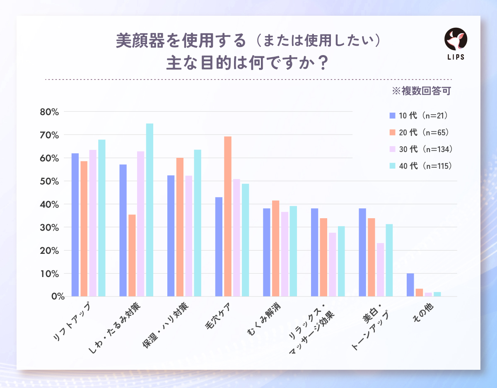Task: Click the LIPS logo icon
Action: (x=456, y=40)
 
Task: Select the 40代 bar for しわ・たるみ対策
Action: (x=150, y=210)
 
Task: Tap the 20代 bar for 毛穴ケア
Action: (x=228, y=216)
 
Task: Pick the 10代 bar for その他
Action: (x=410, y=285)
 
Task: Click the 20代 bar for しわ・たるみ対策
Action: (x=132, y=255)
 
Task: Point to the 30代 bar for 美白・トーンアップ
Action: (x=380, y=270)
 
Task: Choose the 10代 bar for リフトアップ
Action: (x=75, y=225)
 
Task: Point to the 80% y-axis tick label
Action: (x=50, y=112)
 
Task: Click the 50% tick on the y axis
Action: (x=50, y=181)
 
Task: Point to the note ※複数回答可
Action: (x=421, y=91)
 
